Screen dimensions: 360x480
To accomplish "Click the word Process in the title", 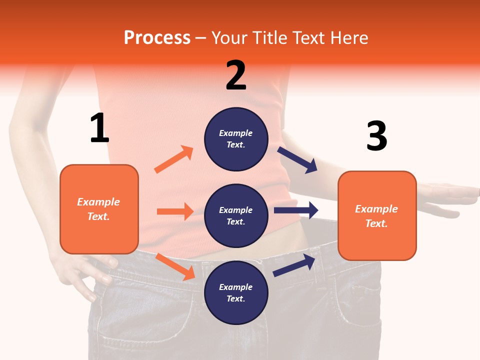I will point(157,37).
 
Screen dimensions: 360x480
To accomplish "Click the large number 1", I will point(99,128).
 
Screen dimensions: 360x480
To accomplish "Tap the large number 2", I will point(236,75).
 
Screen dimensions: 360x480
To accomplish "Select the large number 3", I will point(376,136).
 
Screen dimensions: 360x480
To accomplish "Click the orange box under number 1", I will point(99,209).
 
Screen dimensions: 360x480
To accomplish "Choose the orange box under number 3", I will point(377,215).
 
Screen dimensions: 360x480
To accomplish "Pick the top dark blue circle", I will point(236,139).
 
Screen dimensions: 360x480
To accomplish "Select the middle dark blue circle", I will point(236,215).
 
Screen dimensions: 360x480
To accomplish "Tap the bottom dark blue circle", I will point(236,292).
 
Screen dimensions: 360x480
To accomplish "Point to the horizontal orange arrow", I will point(175,211).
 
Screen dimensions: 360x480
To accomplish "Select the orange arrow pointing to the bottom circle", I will point(175,266).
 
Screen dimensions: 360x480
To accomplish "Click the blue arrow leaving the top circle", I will point(297,160).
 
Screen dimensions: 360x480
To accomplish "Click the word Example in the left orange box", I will point(98,202).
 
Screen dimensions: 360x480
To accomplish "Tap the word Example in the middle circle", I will point(235,210).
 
